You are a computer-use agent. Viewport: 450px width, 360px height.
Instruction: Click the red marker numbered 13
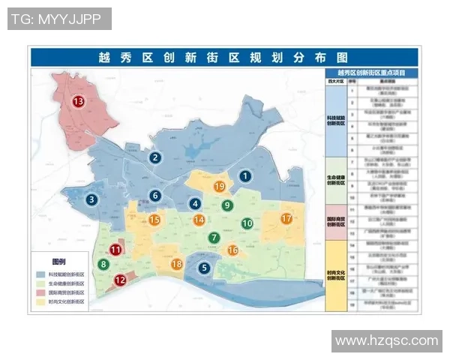(78, 101)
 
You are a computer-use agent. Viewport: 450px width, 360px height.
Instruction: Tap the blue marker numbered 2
(155, 157)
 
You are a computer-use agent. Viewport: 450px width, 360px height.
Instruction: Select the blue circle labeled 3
(91, 199)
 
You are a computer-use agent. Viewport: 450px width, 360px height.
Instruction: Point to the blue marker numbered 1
(245, 176)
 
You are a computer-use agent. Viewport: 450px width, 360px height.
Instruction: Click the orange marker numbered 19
(220, 186)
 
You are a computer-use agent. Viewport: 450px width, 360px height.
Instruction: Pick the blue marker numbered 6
(155, 196)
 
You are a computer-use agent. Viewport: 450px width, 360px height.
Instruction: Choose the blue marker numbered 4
(195, 203)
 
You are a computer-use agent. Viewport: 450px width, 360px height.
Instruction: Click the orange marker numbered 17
(286, 219)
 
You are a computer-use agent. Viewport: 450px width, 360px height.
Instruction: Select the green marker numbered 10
(247, 223)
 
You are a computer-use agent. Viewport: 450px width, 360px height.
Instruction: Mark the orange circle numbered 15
(154, 220)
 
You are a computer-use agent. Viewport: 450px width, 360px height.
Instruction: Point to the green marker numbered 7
(214, 238)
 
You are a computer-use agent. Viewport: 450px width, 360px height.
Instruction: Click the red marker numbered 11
(116, 250)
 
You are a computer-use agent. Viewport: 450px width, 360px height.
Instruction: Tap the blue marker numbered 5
(204, 267)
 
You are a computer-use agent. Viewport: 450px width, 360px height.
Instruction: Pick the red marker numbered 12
(120, 280)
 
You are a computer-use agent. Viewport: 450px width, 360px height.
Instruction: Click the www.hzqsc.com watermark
(386, 341)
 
